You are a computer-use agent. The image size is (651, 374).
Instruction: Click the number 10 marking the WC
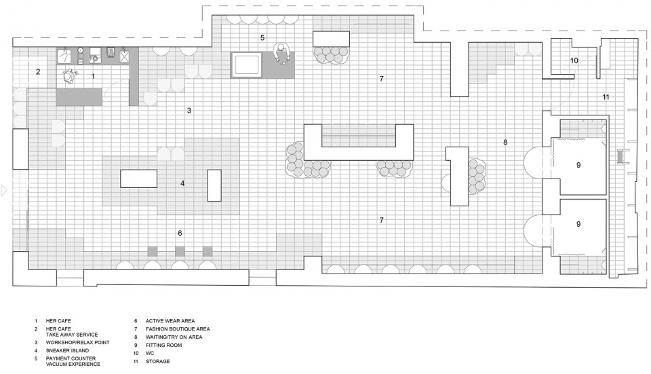pos(574,60)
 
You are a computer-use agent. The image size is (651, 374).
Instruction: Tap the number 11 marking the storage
pos(606,97)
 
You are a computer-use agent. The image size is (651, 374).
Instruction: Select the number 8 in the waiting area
pos(505,142)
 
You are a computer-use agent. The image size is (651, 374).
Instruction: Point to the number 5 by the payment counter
pos(262,38)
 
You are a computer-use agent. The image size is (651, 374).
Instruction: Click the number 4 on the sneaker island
pos(182,183)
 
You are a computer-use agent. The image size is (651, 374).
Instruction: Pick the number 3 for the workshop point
pos(189,111)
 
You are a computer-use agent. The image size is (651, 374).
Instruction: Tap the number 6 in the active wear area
pos(180,233)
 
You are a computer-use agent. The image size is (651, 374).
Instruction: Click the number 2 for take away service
pos(38,71)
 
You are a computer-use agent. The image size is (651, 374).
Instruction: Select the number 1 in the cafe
pos(93,77)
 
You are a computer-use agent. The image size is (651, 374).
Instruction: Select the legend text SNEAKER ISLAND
pos(67,351)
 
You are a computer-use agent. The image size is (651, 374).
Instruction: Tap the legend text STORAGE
pos(157,362)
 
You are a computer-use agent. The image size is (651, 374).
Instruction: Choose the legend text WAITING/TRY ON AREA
pos(174,337)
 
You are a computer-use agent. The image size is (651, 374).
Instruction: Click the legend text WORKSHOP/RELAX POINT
pos(77,343)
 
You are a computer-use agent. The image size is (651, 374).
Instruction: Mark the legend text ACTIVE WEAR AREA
pos(170,321)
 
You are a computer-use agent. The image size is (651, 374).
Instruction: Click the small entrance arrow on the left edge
pos(4,190)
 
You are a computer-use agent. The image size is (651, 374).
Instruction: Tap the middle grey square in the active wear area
pos(180,251)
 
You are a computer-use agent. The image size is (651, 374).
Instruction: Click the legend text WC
pos(150,353)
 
